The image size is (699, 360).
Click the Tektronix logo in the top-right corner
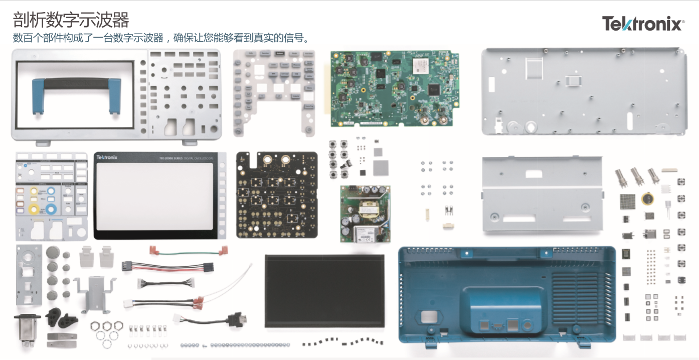[643, 24]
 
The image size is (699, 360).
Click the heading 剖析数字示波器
[71, 20]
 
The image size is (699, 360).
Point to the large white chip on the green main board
[419, 65]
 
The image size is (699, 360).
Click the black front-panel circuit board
[276, 195]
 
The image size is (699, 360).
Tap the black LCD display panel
[324, 291]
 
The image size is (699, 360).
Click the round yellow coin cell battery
[647, 199]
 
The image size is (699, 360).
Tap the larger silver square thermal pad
[382, 167]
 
